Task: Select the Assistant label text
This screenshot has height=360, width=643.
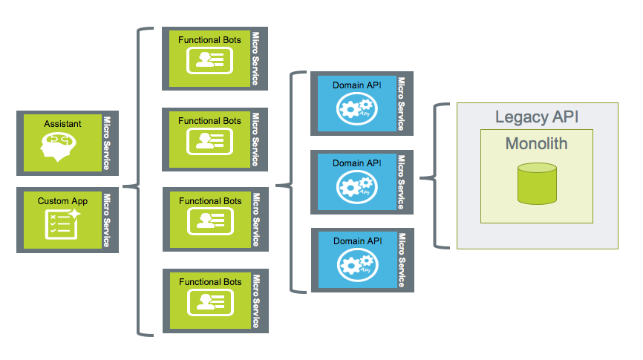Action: tap(62, 124)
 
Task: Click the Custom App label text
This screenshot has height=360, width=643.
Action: tap(62, 200)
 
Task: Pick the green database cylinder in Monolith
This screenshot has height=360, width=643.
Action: tap(537, 185)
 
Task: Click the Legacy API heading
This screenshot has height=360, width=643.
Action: tap(536, 117)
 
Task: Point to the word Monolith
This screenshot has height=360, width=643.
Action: tap(536, 143)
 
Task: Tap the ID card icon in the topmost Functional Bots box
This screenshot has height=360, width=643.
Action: tap(209, 60)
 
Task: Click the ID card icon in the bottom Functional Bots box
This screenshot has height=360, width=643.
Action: tap(209, 301)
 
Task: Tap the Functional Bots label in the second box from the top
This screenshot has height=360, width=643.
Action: tap(209, 120)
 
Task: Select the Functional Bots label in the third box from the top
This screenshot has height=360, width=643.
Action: tap(209, 201)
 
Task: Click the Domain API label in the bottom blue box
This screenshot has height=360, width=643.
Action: tap(358, 240)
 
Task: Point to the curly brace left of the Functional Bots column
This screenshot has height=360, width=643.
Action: tap(138, 183)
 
